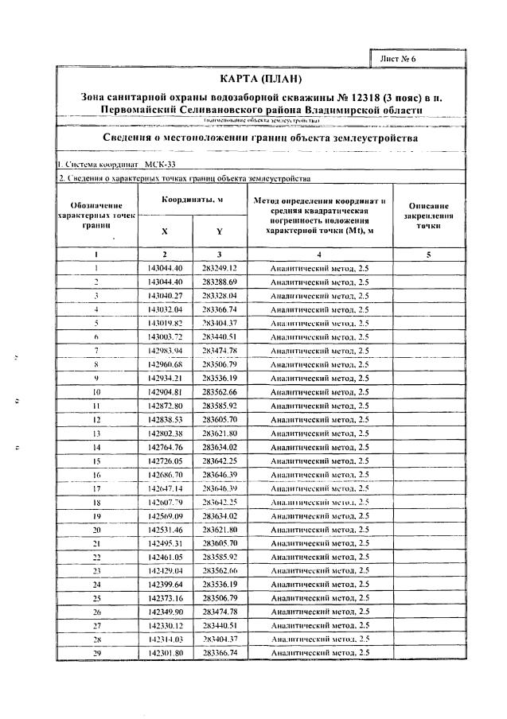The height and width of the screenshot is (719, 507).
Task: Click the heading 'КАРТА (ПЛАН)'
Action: coord(255,80)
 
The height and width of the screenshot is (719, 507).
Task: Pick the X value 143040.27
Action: coord(165,295)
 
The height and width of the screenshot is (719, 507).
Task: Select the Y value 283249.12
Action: coord(220,268)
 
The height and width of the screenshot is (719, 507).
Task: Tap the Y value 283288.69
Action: coord(220,282)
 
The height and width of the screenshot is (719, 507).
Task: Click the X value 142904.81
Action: coord(165,391)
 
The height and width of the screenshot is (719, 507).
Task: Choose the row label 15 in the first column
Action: coord(96,461)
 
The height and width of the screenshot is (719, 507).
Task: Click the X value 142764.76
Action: coord(165,447)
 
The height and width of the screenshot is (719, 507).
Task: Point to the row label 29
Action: coord(96,653)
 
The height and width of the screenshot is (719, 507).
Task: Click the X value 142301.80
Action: coord(165,653)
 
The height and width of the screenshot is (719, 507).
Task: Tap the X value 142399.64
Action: coord(165,585)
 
